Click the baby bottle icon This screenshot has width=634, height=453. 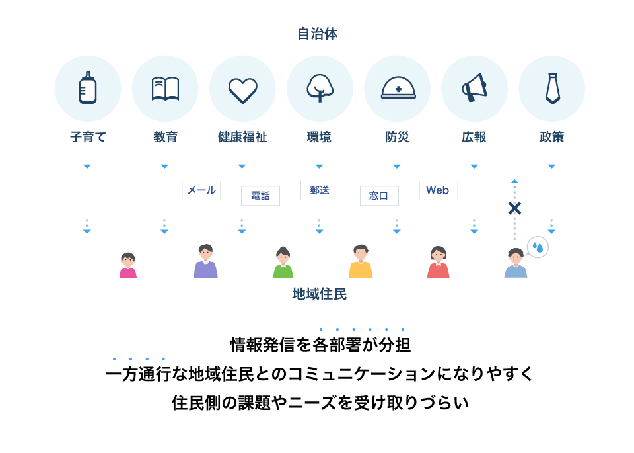point(88,87)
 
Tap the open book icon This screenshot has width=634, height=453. point(165,89)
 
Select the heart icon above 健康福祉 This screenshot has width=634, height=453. point(242,91)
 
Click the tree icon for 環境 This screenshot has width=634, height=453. point(320,88)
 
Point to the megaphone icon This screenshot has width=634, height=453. point(474,87)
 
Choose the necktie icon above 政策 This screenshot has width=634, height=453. point(552,89)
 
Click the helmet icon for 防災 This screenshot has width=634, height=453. point(398,87)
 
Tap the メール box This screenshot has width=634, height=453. point(201,190)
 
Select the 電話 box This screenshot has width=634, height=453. point(260,196)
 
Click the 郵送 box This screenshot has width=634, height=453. point(320,190)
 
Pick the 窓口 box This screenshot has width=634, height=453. point(379,196)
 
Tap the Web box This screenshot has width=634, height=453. point(439,190)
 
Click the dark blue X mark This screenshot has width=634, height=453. point(514,208)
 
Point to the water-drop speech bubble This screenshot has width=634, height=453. point(538,247)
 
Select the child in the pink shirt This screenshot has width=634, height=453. point(128,265)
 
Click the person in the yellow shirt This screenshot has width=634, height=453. point(361,261)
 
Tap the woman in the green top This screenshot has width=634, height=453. point(283,262)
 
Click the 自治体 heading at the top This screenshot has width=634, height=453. point(318,34)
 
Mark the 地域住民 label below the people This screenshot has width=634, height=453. point(320,294)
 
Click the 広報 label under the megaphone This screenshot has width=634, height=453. point(474,137)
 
